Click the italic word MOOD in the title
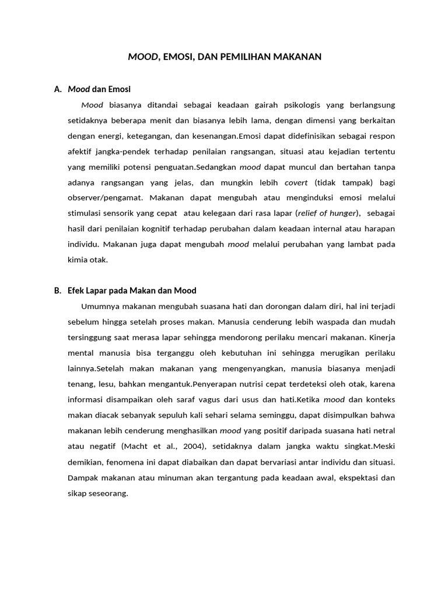click(x=142, y=57)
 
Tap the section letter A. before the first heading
click(x=58, y=89)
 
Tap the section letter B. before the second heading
click(x=58, y=290)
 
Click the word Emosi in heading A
click(x=119, y=89)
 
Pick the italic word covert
click(x=296, y=182)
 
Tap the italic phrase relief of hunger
click(x=328, y=213)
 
